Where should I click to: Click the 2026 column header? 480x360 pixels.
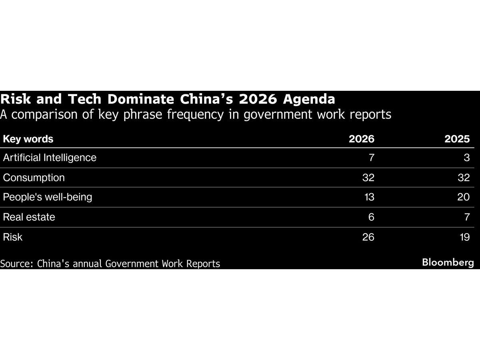click(361, 139)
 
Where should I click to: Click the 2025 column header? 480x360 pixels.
click(457, 139)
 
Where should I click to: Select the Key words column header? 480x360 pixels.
click(28, 139)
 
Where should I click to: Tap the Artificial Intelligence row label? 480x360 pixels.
click(50, 158)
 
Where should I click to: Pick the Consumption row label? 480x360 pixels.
click(34, 178)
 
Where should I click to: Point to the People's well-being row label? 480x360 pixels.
click(47, 197)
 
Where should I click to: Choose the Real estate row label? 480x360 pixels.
click(29, 217)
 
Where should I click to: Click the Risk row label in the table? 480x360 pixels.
click(12, 237)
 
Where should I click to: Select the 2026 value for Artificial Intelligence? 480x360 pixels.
click(371, 158)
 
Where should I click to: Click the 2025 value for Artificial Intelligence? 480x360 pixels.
click(466, 158)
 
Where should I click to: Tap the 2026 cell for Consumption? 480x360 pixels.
click(368, 178)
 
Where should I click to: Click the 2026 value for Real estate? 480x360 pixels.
click(371, 217)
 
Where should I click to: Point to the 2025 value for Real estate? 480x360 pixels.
click(466, 217)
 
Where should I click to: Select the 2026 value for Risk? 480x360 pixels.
click(368, 237)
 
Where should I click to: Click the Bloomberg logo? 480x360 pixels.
click(448, 263)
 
